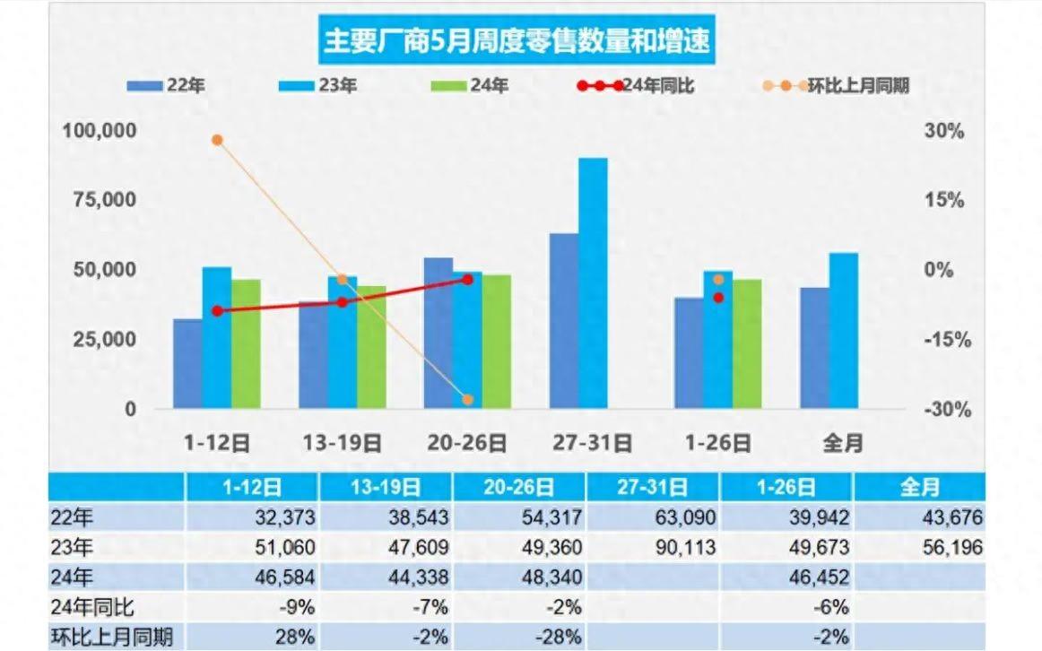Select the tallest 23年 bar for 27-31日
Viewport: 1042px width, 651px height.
pos(593,282)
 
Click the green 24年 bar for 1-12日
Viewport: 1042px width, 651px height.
pos(246,343)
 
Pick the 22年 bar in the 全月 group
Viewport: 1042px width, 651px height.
pos(814,348)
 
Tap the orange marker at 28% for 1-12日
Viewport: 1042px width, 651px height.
pos(217,140)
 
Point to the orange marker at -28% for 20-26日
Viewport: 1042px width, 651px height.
pos(467,400)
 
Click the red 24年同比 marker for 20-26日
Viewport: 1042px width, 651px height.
pos(467,280)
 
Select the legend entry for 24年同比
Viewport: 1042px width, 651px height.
pos(636,86)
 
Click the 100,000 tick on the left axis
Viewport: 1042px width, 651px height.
pos(100,131)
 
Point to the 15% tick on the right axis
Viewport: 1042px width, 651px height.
pos(943,200)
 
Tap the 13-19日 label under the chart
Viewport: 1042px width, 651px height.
pos(342,442)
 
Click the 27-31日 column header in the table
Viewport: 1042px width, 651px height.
pos(651,487)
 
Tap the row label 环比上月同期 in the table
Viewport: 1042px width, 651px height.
pos(112,638)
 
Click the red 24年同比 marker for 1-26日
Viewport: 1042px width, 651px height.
pos(718,297)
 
